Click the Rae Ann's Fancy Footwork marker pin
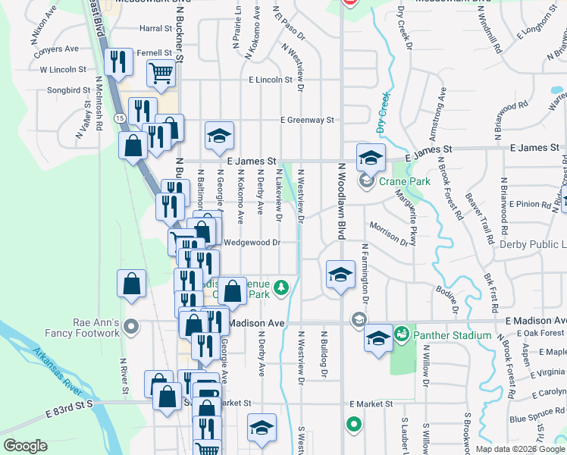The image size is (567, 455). point(131,328)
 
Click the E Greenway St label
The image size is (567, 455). point(306,120)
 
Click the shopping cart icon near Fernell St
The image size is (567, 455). point(161,74)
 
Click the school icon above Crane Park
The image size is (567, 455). point(371,158)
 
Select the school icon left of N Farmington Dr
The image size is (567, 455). point(340,275)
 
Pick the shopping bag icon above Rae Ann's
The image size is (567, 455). point(132,284)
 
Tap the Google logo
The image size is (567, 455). point(26,446)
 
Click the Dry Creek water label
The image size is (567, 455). point(383,114)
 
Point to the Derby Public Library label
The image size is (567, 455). point(532,244)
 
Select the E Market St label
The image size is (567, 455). point(370,404)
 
